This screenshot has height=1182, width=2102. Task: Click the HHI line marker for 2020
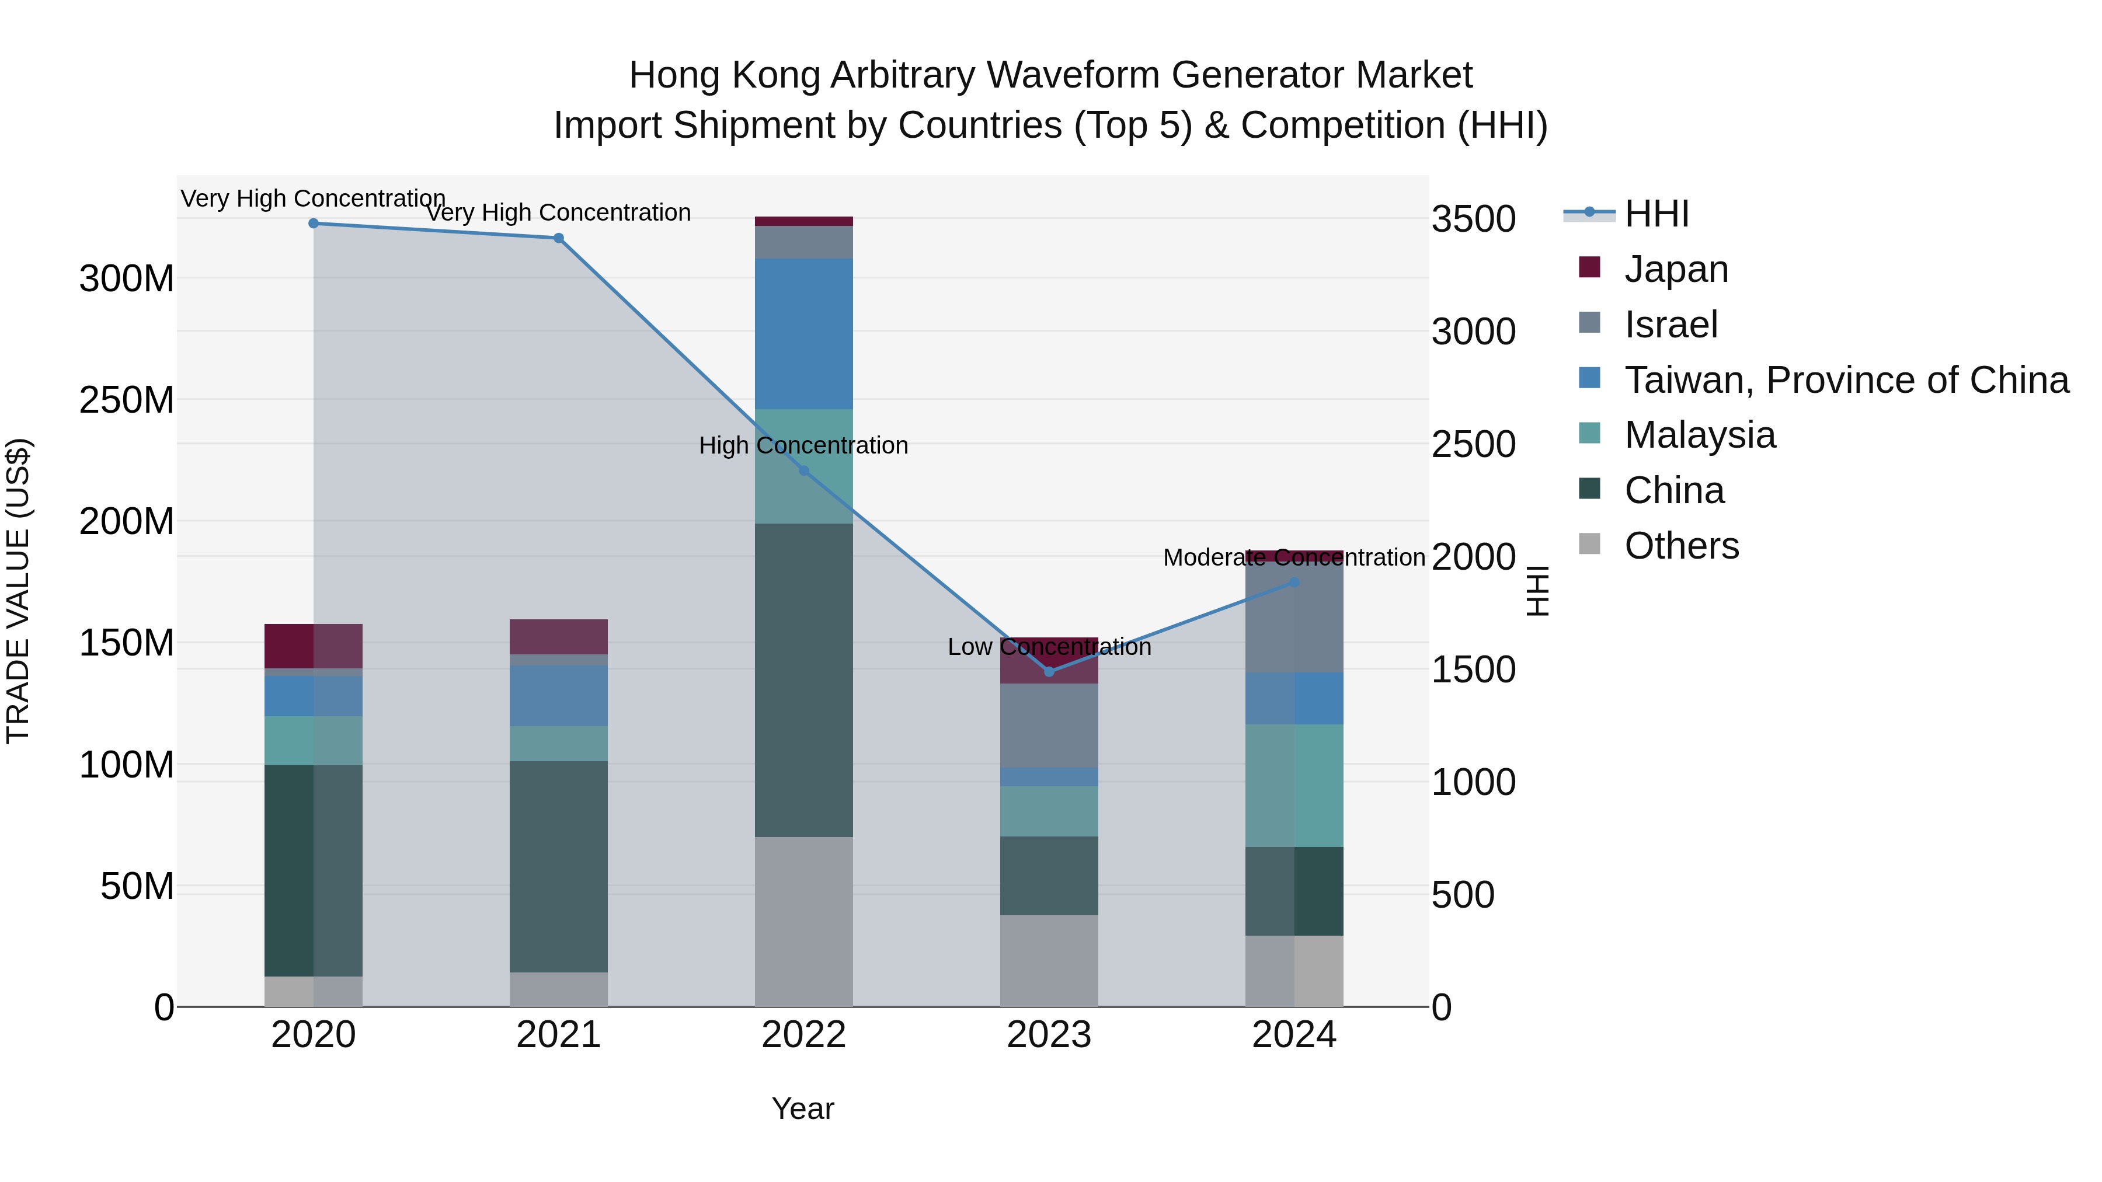(314, 223)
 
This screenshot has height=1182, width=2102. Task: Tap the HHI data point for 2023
(1049, 671)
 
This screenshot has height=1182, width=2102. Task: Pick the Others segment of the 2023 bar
(1049, 960)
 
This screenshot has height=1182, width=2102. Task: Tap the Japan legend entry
(1676, 269)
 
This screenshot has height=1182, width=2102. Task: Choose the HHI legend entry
(1656, 214)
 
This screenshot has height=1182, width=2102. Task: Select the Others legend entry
(1681, 545)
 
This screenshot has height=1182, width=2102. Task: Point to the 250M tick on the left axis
(127, 400)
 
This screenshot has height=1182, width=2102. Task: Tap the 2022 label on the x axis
(804, 1035)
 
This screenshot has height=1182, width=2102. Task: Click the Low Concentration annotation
(1049, 647)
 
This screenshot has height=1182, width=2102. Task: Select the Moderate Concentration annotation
(1294, 557)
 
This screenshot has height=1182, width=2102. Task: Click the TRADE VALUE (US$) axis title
(18, 591)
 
